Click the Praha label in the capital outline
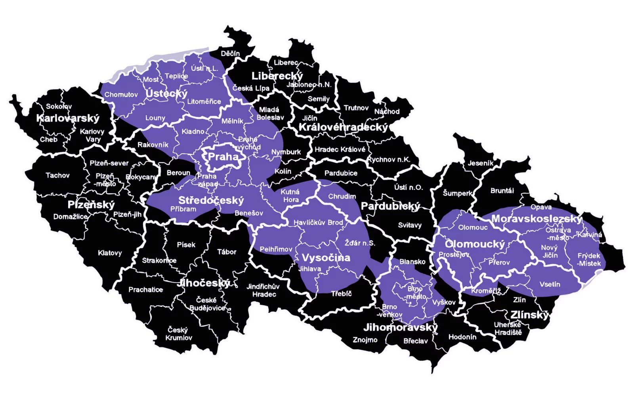point(223,157)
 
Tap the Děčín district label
point(230,53)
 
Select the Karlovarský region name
point(68,118)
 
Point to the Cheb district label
point(49,139)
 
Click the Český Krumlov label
point(179,334)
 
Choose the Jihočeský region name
point(203,283)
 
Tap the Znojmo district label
point(365,340)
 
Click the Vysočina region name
point(326,258)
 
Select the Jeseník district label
point(481,163)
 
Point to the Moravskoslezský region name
point(537,219)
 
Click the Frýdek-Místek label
point(589,259)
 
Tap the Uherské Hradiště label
point(508,329)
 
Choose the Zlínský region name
point(530,315)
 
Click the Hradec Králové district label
point(340,149)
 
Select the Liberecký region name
point(277,76)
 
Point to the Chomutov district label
point(121,95)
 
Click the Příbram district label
point(183,209)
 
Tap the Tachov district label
point(57,175)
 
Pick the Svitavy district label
point(410,225)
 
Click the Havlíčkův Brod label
point(318,222)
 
